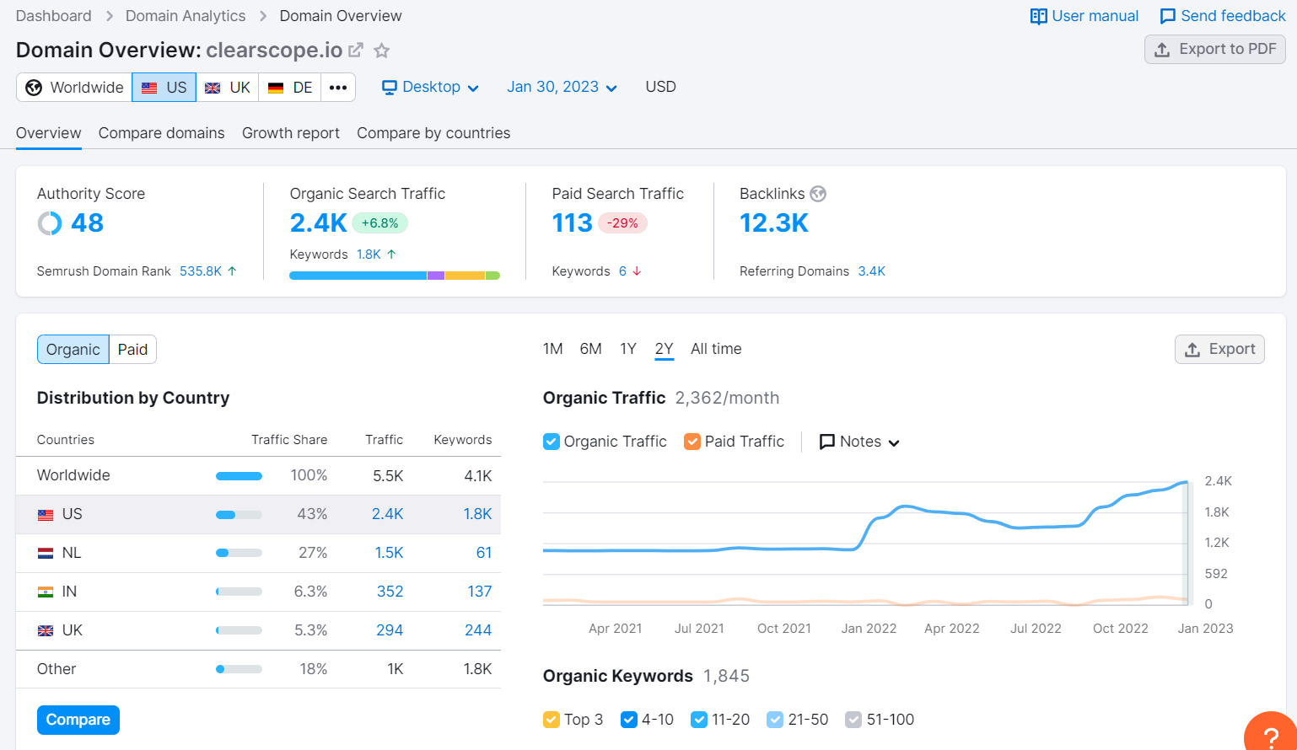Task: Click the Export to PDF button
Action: (1214, 50)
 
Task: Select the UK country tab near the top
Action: (228, 88)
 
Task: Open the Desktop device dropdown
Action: (430, 88)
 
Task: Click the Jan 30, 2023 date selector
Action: (562, 88)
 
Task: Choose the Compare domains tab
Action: (161, 133)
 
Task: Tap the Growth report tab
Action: (290, 133)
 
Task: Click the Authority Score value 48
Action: (87, 223)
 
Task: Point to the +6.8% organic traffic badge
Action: (379, 223)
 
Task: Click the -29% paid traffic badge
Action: (623, 223)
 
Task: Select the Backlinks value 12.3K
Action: (773, 223)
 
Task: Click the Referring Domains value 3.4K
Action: (871, 271)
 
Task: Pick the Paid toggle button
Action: (132, 350)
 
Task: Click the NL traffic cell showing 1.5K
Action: (389, 553)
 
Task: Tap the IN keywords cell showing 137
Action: (479, 592)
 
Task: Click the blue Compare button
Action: (78, 720)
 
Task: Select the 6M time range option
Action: (590, 349)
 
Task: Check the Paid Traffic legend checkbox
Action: (692, 442)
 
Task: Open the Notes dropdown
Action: (859, 442)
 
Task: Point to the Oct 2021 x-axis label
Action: (783, 629)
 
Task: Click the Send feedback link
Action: (1223, 16)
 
